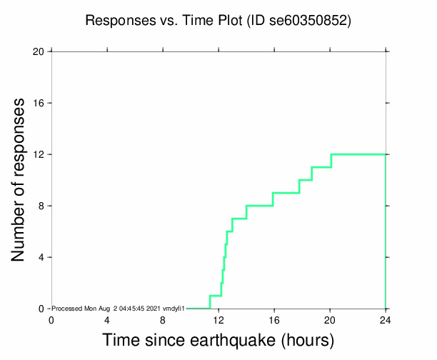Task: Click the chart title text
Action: point(218,21)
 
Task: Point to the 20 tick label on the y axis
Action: point(39,51)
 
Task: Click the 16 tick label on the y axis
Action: point(39,103)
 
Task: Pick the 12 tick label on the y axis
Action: point(39,154)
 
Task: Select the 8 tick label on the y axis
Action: point(41,206)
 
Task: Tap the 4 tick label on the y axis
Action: point(41,257)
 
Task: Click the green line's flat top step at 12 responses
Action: point(357,154)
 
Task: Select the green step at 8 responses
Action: point(259,206)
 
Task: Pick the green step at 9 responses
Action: point(286,193)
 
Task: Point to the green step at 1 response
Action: point(215,296)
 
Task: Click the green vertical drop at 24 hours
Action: point(386,236)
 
